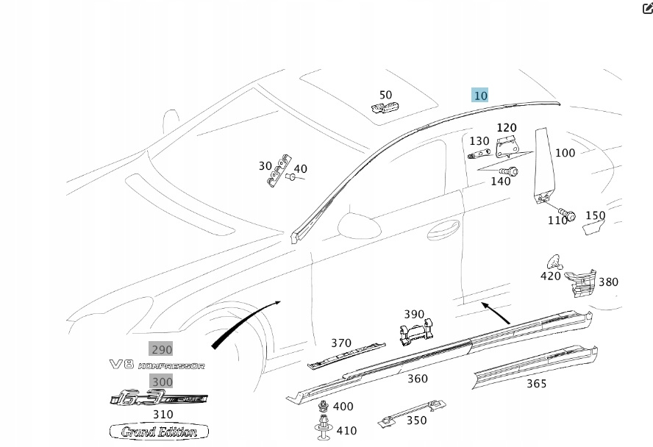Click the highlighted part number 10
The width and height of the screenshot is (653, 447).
(x=480, y=95)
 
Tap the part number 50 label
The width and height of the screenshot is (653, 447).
(x=385, y=95)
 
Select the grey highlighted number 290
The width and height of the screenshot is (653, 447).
(x=162, y=349)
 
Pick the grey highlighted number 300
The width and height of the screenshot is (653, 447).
(x=162, y=381)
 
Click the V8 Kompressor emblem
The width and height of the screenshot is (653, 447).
(x=157, y=365)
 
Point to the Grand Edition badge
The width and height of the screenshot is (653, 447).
(x=159, y=432)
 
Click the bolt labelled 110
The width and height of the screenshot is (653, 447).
(x=563, y=217)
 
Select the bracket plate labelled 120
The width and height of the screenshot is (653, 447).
(x=507, y=147)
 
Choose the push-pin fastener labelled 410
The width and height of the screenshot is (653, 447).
(x=324, y=432)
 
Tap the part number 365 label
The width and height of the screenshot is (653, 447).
(x=536, y=384)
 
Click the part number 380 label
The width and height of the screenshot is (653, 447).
(x=608, y=282)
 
